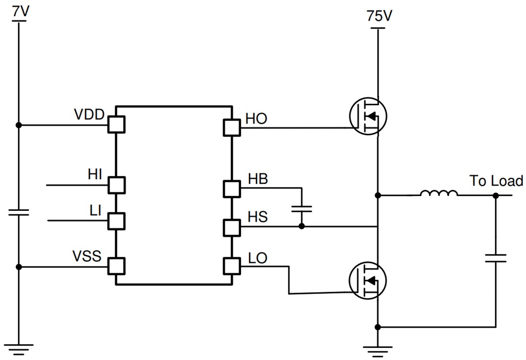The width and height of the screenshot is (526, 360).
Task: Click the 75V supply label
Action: point(379,16)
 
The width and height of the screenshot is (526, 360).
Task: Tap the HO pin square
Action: point(231,128)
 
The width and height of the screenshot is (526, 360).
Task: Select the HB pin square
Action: point(231,189)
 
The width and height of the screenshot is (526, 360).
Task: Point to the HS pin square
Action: point(231,227)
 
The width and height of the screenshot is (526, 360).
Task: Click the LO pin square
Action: point(231,266)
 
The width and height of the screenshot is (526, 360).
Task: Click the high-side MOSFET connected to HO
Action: point(367,116)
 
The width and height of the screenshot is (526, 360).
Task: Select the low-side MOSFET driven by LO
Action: point(367,281)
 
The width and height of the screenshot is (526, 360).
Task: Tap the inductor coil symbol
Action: point(438,194)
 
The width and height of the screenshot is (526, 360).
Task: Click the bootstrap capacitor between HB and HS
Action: point(302,208)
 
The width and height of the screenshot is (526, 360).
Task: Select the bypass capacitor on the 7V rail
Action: point(19,212)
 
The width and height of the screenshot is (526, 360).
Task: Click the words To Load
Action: point(496,181)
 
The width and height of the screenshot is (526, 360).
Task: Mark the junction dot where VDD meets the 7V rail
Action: point(19,125)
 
